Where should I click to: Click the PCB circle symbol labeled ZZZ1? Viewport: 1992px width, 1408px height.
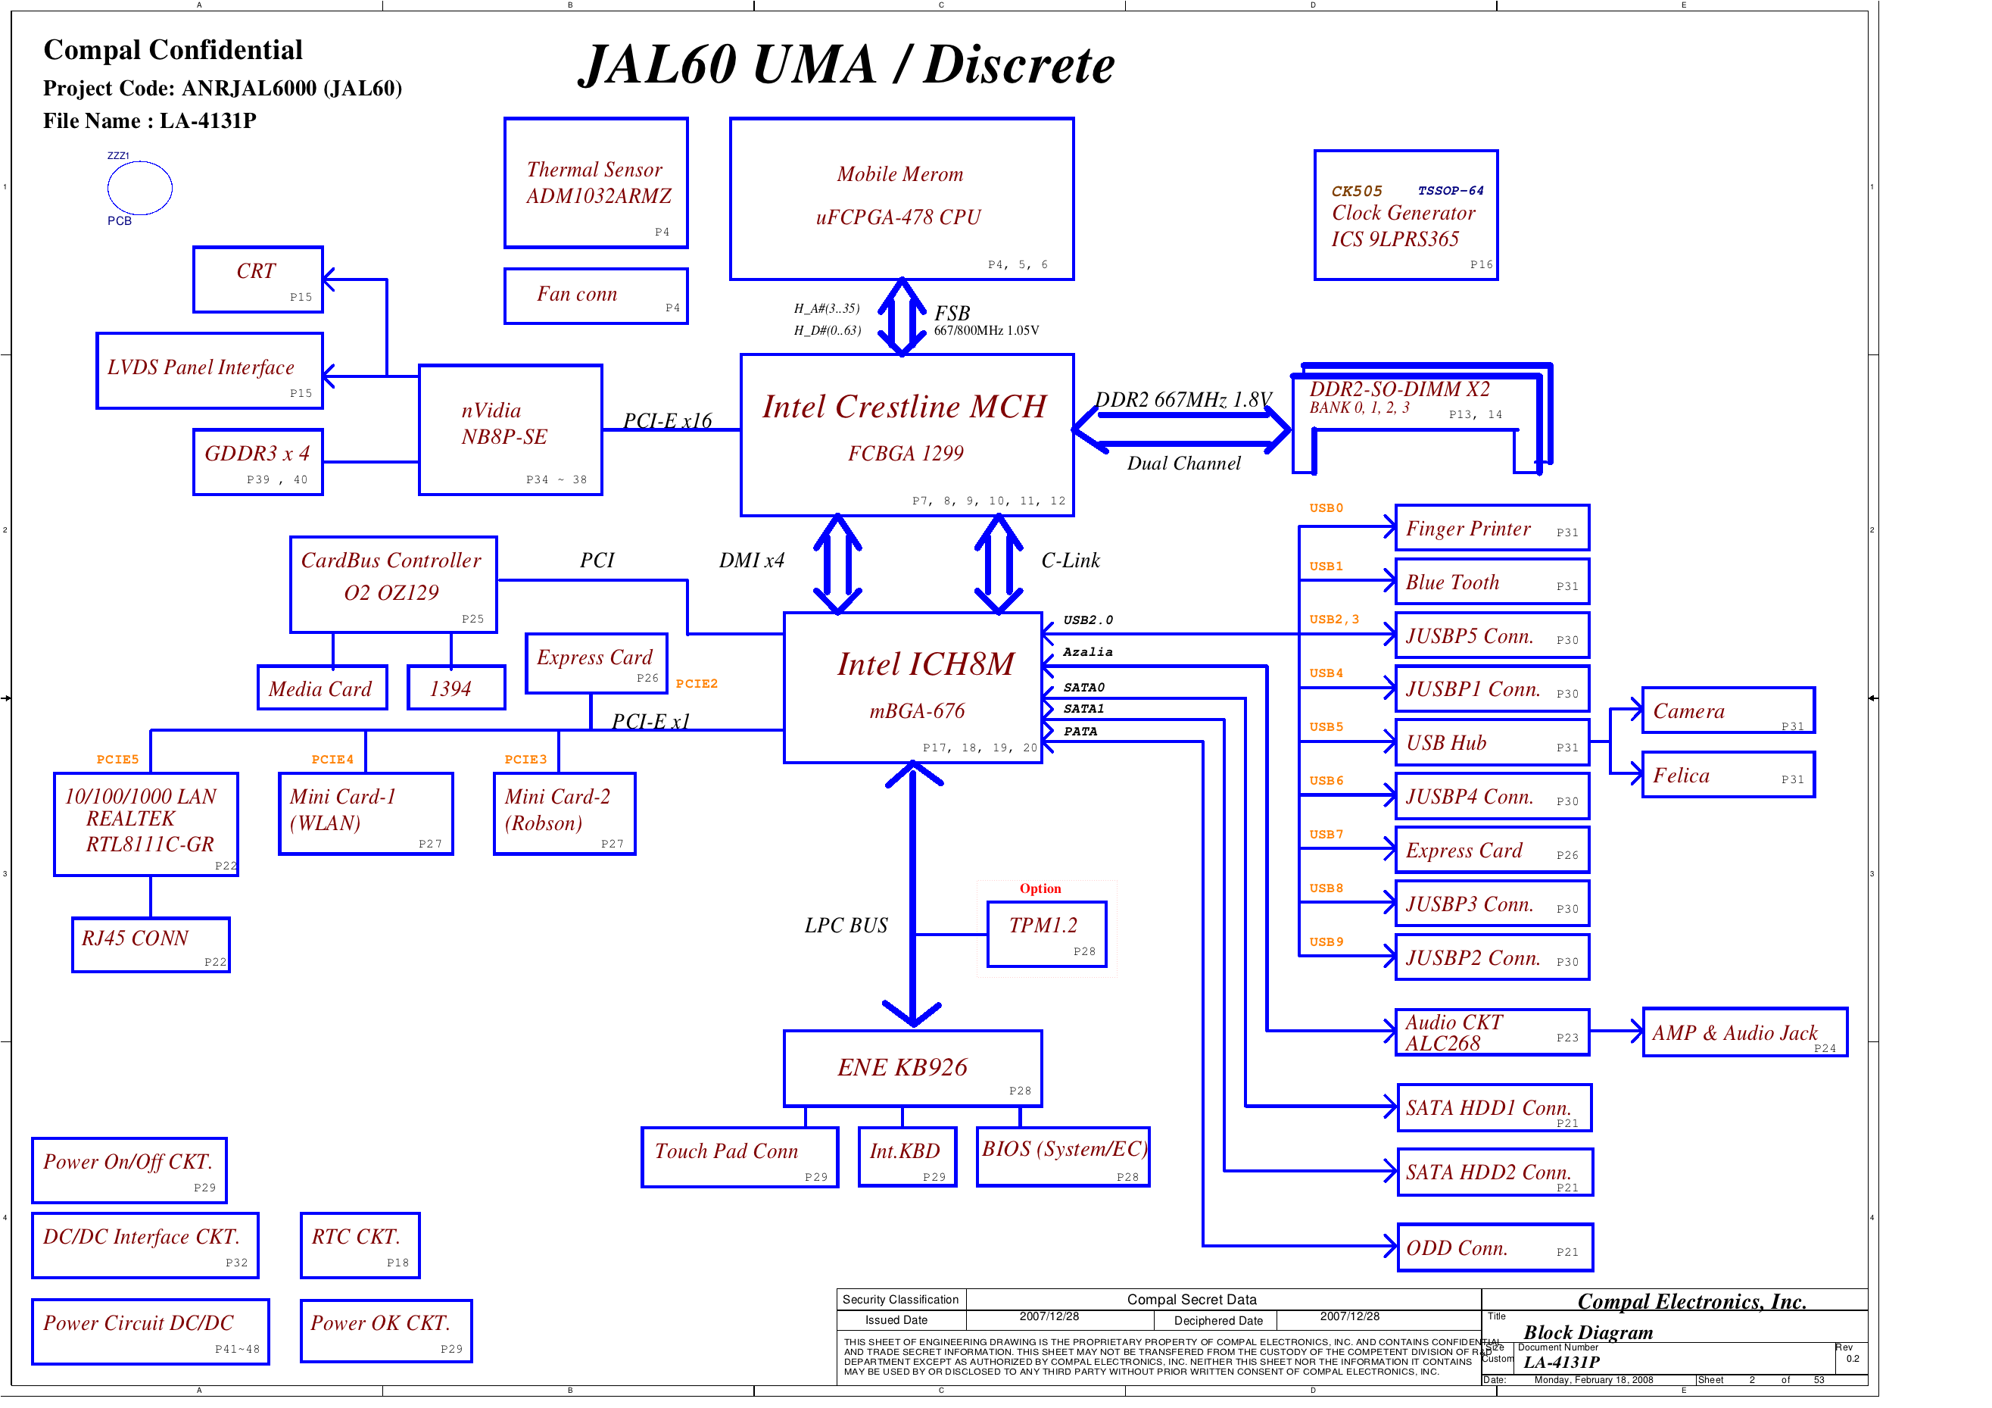point(139,188)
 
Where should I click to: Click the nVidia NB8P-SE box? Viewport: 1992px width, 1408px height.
point(510,429)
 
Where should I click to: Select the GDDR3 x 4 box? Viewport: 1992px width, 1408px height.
point(257,462)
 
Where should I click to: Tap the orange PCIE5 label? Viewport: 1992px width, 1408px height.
point(117,760)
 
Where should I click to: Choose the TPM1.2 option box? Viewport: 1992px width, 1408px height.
point(1046,933)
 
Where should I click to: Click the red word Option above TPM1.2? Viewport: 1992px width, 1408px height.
point(1040,888)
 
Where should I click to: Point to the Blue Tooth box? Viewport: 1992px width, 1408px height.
point(1492,582)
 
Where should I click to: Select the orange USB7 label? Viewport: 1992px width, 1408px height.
point(1326,834)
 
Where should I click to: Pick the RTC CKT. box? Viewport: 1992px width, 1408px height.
point(360,1245)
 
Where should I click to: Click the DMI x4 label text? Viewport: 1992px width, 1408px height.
point(750,560)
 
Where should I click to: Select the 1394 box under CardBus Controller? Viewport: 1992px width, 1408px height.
point(456,688)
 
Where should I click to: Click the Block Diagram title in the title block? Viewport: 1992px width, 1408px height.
point(1587,1332)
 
